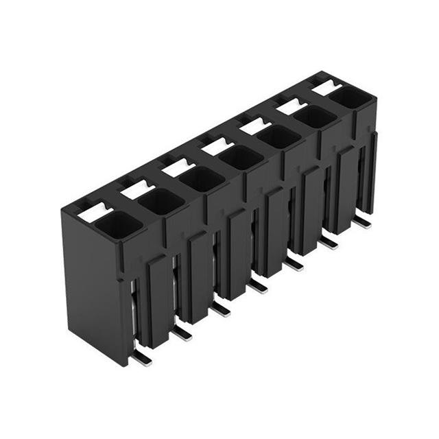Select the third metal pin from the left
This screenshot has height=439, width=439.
tap(220, 309)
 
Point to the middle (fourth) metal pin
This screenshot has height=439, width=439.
tap(259, 285)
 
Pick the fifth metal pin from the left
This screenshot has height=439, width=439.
tap(295, 263)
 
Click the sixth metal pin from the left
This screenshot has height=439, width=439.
tap(329, 241)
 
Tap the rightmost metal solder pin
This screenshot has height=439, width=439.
tap(362, 221)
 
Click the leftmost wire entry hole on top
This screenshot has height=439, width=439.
tap(118, 223)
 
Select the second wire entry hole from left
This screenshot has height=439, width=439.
tap(161, 200)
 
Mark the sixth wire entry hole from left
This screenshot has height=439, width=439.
tap(316, 117)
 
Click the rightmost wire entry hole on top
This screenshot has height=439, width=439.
tap(351, 97)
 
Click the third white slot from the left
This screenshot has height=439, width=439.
tap(177, 167)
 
